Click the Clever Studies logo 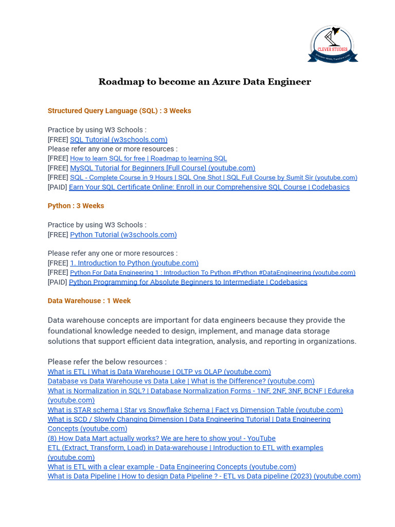(332, 44)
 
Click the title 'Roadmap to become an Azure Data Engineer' (205, 82)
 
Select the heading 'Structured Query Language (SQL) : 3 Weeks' (119, 111)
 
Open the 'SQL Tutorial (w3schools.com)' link (118, 139)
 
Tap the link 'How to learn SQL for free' (148, 159)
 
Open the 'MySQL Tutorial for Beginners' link (163, 168)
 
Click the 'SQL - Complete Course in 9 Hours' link (213, 178)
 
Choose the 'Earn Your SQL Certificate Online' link (209, 187)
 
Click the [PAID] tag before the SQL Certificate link (58, 187)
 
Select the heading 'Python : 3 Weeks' (76, 206)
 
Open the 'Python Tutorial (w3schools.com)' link (123, 235)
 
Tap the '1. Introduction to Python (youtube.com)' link (134, 263)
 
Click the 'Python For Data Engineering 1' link (212, 273)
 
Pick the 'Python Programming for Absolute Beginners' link (188, 282)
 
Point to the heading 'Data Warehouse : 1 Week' (89, 301)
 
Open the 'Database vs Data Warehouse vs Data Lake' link (181, 381)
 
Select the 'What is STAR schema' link (195, 410)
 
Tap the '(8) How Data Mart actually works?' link (161, 438)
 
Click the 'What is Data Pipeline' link (204, 476)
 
